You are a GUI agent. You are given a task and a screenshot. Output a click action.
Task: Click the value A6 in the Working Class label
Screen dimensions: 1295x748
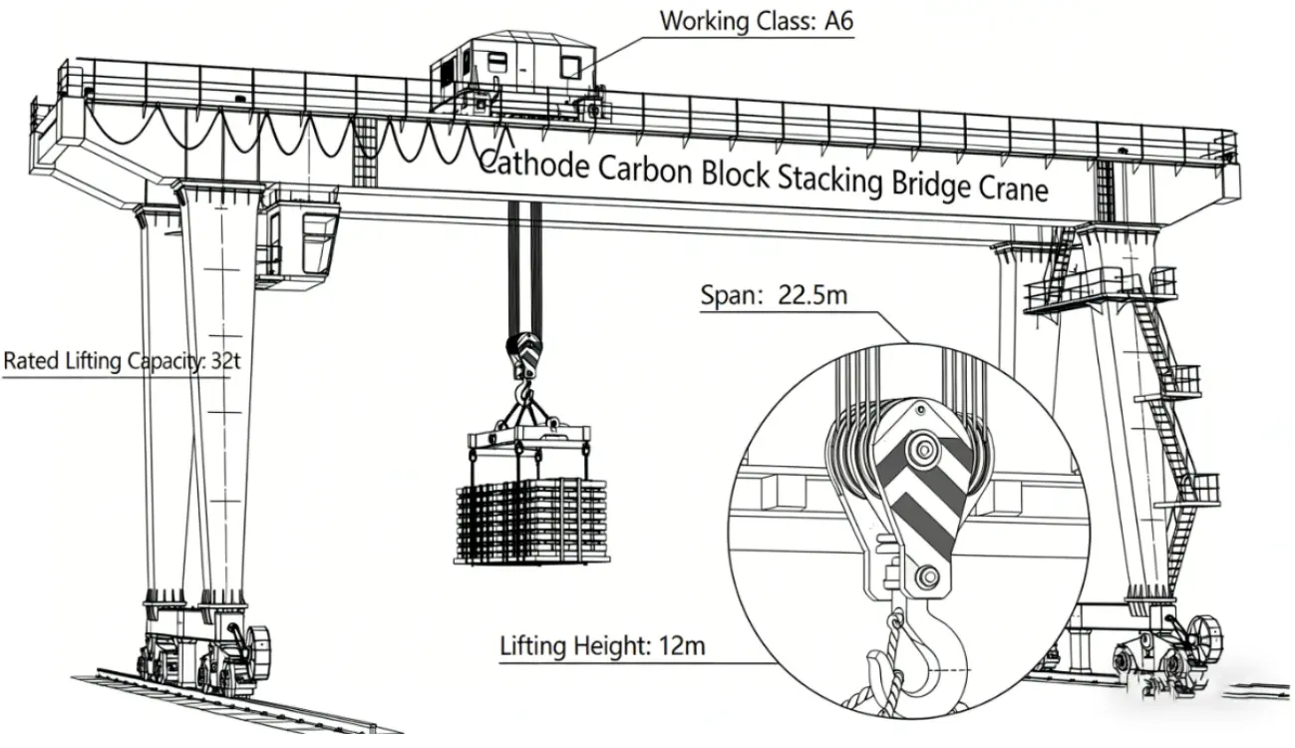(x=838, y=21)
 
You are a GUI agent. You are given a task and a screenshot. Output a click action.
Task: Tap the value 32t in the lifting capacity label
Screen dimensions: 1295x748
(x=225, y=360)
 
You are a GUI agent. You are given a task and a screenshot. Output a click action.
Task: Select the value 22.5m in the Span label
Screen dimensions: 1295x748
(x=812, y=295)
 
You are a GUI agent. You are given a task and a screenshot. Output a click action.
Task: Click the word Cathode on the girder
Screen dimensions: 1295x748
(x=534, y=164)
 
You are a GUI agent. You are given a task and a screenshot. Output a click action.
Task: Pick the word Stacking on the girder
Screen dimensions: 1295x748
(x=829, y=179)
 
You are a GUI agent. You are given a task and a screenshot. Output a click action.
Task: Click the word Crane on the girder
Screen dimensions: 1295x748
(x=1012, y=187)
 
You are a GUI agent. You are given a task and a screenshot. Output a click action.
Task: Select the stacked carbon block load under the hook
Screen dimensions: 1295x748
(x=531, y=521)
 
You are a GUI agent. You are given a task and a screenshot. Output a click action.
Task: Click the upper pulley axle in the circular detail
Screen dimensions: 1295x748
(x=923, y=450)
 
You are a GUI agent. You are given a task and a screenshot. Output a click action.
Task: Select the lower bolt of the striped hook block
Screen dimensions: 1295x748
(x=927, y=576)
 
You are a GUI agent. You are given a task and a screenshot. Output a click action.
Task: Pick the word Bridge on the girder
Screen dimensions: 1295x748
(x=929, y=184)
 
